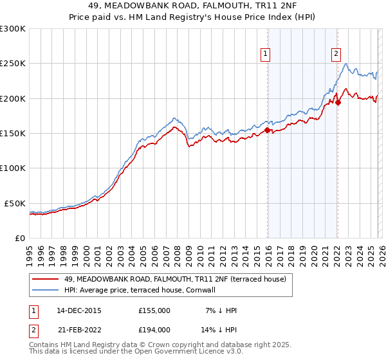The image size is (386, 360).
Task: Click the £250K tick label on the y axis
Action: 13,64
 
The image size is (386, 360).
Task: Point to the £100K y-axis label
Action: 13,168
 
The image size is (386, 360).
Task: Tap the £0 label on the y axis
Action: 19,238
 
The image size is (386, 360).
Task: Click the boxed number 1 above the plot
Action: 266,55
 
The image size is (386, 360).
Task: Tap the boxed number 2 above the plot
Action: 336,55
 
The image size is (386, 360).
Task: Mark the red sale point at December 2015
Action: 267,130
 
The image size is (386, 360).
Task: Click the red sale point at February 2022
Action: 338,102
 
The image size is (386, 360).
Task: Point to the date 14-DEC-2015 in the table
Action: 78,310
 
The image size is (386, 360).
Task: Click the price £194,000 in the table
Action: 154,329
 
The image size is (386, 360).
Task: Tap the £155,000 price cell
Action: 154,310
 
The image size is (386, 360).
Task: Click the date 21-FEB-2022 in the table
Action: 78,329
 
